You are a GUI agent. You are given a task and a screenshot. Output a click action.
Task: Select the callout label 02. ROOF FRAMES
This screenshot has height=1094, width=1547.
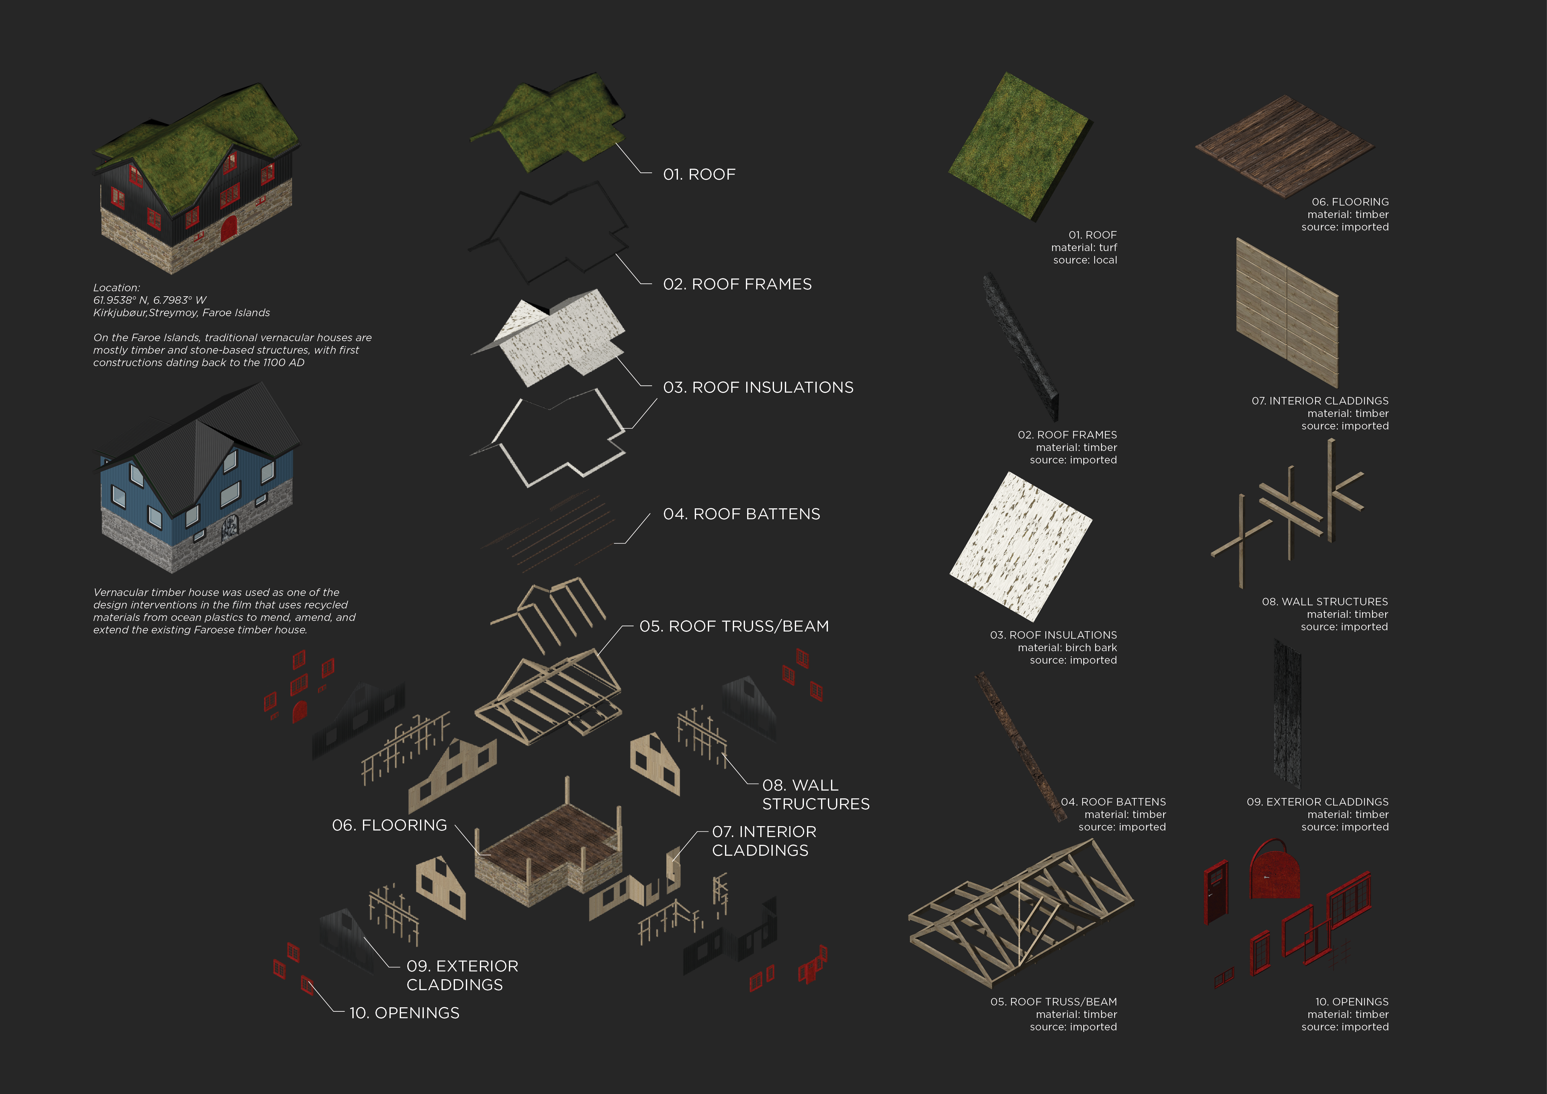point(737,284)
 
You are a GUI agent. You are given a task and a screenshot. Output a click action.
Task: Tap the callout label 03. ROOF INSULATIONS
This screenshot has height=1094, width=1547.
point(758,387)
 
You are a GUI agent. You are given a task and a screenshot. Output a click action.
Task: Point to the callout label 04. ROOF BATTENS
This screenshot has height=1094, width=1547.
point(741,514)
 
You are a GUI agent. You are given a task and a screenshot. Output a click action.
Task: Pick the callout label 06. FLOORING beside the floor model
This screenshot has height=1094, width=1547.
point(389,825)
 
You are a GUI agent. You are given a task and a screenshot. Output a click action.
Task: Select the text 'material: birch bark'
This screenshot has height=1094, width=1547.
point(1067,647)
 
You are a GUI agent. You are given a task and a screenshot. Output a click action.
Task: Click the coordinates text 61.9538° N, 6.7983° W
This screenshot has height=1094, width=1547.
point(150,300)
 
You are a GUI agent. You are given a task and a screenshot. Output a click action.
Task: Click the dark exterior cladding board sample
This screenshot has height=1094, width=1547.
point(1287,713)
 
